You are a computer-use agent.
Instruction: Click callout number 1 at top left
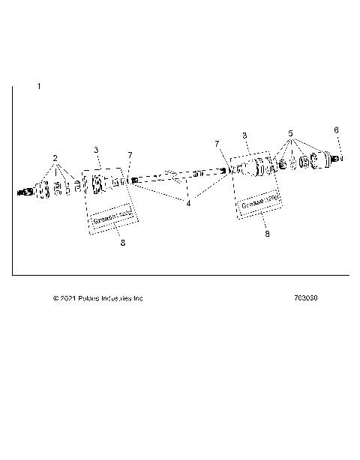pos(39,88)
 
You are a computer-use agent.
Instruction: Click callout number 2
pos(54,158)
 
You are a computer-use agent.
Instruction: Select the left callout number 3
pos(96,151)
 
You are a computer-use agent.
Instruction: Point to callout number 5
pos(289,133)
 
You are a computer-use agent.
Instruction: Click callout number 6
pos(336,130)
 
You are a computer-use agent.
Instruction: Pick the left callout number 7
pos(129,154)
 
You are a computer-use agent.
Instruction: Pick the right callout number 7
pos(217,142)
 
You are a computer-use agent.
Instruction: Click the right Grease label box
pos(259,201)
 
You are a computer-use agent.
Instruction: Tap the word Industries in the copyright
pos(115,298)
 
